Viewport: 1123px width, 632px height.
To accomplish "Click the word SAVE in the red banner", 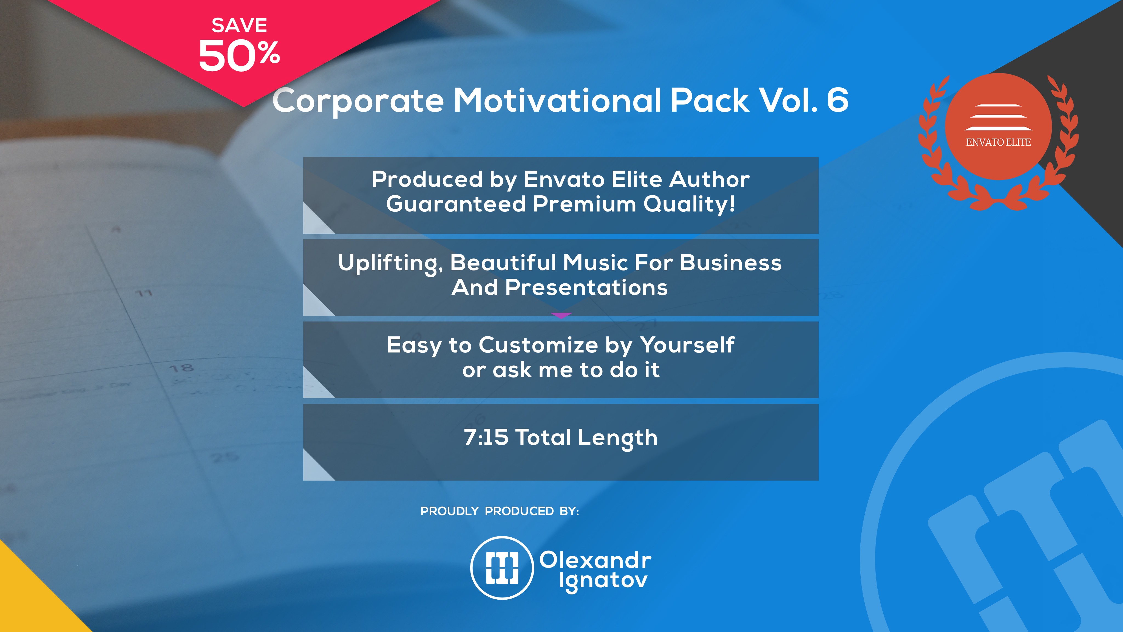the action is coord(239,25).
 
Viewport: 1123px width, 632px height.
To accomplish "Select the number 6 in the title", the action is coord(838,100).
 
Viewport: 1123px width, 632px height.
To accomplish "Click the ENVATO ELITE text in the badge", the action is coord(998,142).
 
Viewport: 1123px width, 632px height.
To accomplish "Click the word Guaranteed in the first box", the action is coord(456,204).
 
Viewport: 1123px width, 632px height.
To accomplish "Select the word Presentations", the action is coord(586,287).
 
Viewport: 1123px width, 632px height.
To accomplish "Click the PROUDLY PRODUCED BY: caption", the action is coord(500,511).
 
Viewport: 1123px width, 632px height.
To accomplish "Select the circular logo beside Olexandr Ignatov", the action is coord(502,568).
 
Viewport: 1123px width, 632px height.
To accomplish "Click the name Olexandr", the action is coord(595,560).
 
